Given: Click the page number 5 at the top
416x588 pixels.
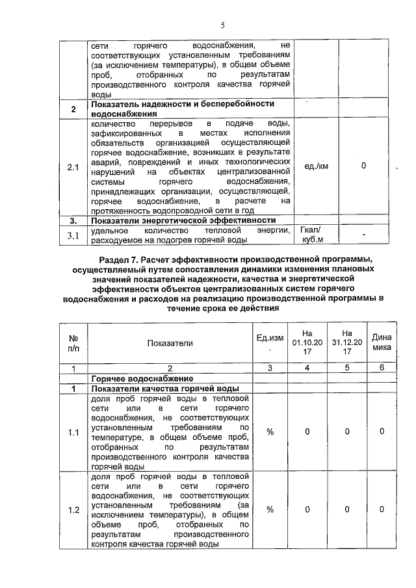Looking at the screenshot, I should pyautogui.click(x=222, y=26).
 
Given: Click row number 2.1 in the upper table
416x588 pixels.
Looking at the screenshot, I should pyautogui.click(x=73, y=168).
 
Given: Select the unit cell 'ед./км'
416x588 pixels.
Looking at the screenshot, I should pyautogui.click(x=316, y=166).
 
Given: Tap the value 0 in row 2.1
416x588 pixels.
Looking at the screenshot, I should pyautogui.click(x=363, y=166).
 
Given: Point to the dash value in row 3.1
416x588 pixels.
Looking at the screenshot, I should pyautogui.click(x=364, y=235).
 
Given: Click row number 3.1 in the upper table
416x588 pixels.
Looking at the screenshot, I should pyautogui.click(x=73, y=235).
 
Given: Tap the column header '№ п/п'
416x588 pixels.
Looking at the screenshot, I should pyautogui.click(x=73, y=343).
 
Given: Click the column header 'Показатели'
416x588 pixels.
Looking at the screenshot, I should pyautogui.click(x=170, y=343).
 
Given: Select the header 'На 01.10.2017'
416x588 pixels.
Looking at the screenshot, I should pyautogui.click(x=308, y=342).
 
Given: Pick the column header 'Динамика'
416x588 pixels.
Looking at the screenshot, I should pyautogui.click(x=382, y=342).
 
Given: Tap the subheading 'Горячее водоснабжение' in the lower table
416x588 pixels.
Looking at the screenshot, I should pyautogui.click(x=142, y=378).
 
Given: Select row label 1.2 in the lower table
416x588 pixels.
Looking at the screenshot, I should pyautogui.click(x=73, y=510).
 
